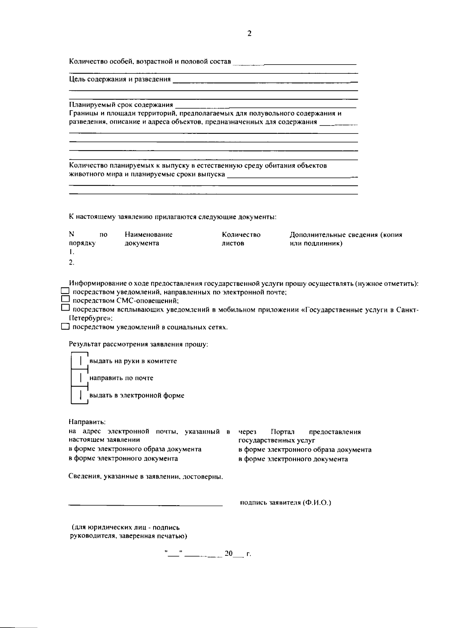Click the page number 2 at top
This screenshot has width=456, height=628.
click(x=249, y=34)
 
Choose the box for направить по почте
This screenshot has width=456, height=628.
click(x=80, y=378)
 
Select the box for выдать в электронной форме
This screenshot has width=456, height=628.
click(x=80, y=395)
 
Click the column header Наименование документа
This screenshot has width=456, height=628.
click(x=148, y=239)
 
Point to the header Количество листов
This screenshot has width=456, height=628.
click(x=241, y=239)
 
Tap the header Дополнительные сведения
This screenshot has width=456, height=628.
click(x=345, y=239)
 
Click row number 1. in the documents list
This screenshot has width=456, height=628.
click(x=71, y=252)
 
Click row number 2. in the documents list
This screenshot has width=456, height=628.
click(x=71, y=262)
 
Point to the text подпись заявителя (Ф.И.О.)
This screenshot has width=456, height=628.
click(x=285, y=503)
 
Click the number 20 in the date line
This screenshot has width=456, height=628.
click(x=228, y=553)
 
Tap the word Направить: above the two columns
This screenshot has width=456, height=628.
click(x=87, y=422)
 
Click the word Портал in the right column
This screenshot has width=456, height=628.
click(x=283, y=432)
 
